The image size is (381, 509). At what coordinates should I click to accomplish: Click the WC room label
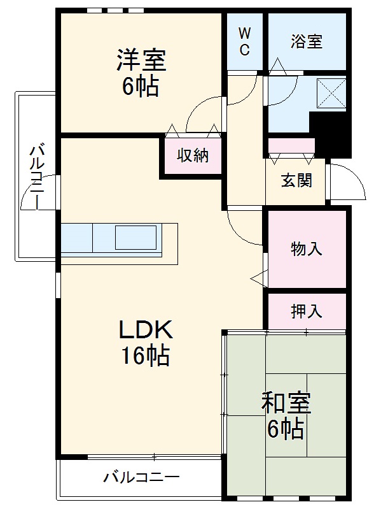245,41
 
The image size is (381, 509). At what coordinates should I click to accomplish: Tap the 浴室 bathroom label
307,42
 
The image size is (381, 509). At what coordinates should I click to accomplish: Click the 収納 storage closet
192,155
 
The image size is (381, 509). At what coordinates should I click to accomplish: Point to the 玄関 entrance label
296,180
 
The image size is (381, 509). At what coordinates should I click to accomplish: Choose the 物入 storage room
307,248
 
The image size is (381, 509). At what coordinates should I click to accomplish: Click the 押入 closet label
307,311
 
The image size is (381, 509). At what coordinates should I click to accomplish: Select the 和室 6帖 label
286,416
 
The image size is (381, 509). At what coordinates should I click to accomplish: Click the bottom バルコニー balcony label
141,477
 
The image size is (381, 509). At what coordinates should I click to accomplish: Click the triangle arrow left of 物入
258,277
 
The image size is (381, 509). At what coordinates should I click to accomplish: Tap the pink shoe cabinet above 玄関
291,145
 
